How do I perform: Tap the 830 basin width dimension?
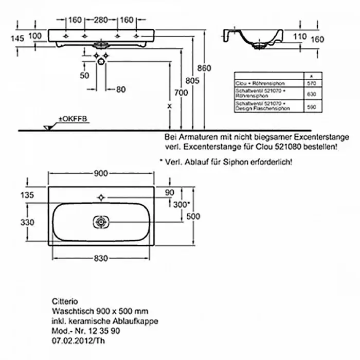(x=101, y=258)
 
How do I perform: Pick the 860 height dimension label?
(x=205, y=68)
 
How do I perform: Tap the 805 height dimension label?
(x=192, y=80)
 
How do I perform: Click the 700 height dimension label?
(x=181, y=93)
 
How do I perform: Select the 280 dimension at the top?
(x=100, y=20)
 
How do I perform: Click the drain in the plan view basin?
(x=101, y=222)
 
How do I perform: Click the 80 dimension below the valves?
(x=120, y=89)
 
